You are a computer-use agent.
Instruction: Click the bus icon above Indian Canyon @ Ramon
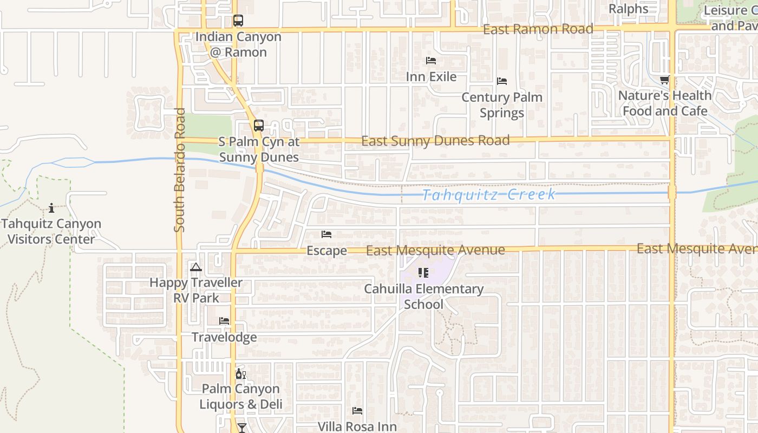(238, 21)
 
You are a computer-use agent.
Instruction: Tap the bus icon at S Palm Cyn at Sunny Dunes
(259, 126)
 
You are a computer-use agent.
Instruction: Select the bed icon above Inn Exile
(431, 61)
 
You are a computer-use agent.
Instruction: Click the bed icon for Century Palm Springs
(502, 81)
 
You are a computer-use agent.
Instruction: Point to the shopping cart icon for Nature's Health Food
(664, 80)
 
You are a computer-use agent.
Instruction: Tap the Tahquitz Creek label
(488, 195)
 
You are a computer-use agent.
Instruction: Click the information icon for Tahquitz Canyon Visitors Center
(51, 207)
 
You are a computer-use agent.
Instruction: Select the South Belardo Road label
(180, 170)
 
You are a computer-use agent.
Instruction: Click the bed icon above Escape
(326, 234)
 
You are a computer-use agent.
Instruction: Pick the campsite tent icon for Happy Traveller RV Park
(196, 267)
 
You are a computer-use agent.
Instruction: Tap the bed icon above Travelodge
(224, 321)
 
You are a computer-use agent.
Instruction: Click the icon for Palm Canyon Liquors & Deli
(240, 373)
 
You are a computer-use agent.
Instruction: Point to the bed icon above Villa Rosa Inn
(357, 411)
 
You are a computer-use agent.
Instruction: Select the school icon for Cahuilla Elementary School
(423, 272)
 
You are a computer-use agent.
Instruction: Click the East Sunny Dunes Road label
(435, 141)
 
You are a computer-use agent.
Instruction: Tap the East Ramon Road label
(538, 29)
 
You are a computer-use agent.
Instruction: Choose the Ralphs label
(628, 9)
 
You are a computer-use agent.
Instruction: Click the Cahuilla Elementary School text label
(423, 297)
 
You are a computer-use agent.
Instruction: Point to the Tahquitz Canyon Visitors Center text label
(51, 231)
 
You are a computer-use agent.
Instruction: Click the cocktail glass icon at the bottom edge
(241, 428)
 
